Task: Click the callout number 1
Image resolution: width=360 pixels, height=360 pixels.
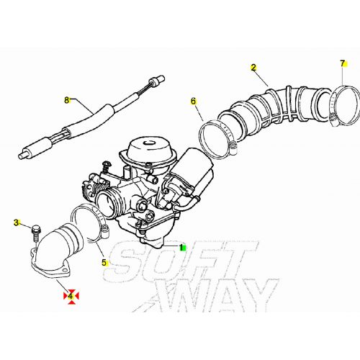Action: pyautogui.click(x=171, y=248)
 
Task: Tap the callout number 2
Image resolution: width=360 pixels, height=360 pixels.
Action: pyautogui.click(x=253, y=68)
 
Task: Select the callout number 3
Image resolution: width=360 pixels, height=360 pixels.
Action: pyautogui.click(x=16, y=223)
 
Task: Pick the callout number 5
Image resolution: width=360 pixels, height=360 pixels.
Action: pyautogui.click(x=104, y=263)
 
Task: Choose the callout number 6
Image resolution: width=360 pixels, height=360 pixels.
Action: pyautogui.click(x=193, y=101)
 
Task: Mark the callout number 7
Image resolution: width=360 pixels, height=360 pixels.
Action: pyautogui.click(x=343, y=64)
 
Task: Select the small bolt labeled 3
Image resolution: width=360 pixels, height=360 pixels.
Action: pyautogui.click(x=35, y=232)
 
